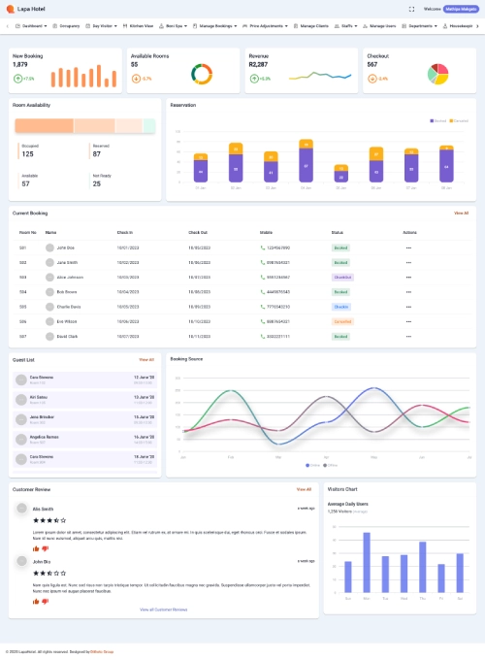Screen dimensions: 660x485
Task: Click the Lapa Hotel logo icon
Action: tap(11, 9)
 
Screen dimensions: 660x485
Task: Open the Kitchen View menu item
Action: tap(142, 26)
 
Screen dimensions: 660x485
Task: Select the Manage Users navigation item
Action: tap(383, 26)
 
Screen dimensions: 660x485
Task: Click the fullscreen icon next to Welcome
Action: tap(412, 9)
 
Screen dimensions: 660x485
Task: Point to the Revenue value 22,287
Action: tap(258, 64)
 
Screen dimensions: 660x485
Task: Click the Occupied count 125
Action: tap(27, 153)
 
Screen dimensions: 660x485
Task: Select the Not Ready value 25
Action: tap(96, 182)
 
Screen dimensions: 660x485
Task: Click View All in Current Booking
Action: tap(461, 213)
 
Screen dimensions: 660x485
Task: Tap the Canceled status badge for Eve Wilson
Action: tap(342, 320)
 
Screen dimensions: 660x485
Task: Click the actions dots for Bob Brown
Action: tap(409, 291)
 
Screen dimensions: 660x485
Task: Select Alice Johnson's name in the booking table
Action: tap(69, 277)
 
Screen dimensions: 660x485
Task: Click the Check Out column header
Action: tap(198, 233)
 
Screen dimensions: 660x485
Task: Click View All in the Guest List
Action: tap(145, 359)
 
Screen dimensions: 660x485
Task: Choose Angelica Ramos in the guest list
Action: tap(44, 437)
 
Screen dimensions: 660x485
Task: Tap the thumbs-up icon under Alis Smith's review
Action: tap(36, 548)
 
